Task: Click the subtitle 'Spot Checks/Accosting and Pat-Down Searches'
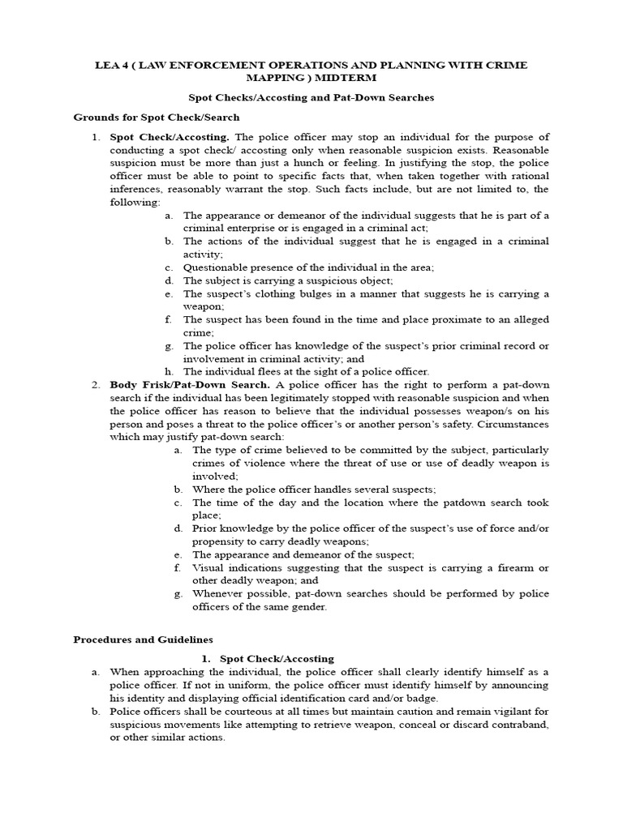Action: pyautogui.click(x=311, y=97)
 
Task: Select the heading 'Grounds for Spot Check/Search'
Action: pyautogui.click(x=156, y=118)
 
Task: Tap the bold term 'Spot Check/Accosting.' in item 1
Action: pyautogui.click(x=170, y=137)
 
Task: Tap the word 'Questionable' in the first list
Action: pyautogui.click(x=217, y=267)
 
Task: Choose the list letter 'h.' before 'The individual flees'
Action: pyautogui.click(x=168, y=371)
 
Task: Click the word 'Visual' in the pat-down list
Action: pyautogui.click(x=208, y=567)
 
